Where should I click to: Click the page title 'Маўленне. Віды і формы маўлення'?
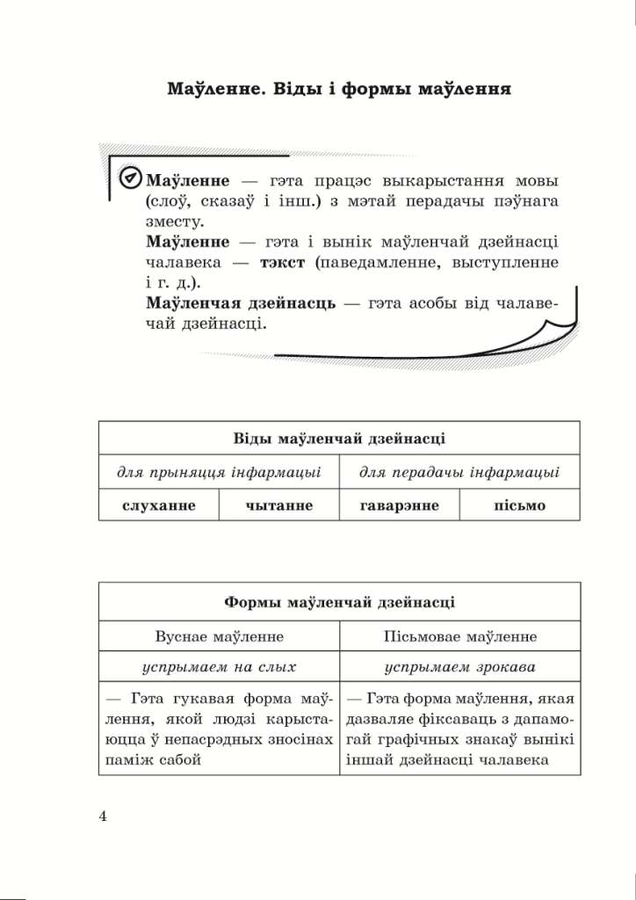339,90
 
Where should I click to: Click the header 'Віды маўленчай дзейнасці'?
339,438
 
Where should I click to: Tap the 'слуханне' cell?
159,505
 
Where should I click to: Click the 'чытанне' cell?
279,505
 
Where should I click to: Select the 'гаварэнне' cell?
400,505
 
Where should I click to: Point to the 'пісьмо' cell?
520,505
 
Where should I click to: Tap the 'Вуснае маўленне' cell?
219,635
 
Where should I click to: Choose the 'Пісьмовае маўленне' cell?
460,635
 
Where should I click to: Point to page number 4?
104,817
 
